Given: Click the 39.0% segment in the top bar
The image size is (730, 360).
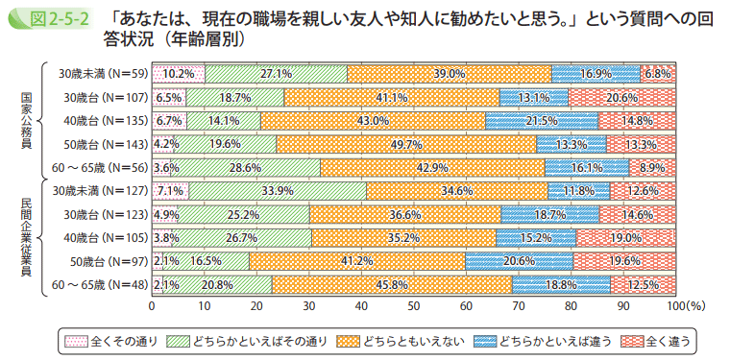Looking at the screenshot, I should point(450,73).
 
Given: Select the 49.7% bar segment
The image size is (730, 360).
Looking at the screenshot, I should point(406,144).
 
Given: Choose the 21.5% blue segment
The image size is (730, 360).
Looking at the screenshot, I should point(542,121).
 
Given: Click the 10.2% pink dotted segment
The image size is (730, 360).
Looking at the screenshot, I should point(179,73).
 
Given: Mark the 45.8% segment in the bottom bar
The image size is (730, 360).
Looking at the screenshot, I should point(392,284).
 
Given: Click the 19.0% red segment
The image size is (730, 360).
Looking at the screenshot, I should point(625,237).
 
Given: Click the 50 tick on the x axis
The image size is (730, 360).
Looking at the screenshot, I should point(414,305).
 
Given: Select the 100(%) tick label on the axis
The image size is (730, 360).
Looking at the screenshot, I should point(686,305).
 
